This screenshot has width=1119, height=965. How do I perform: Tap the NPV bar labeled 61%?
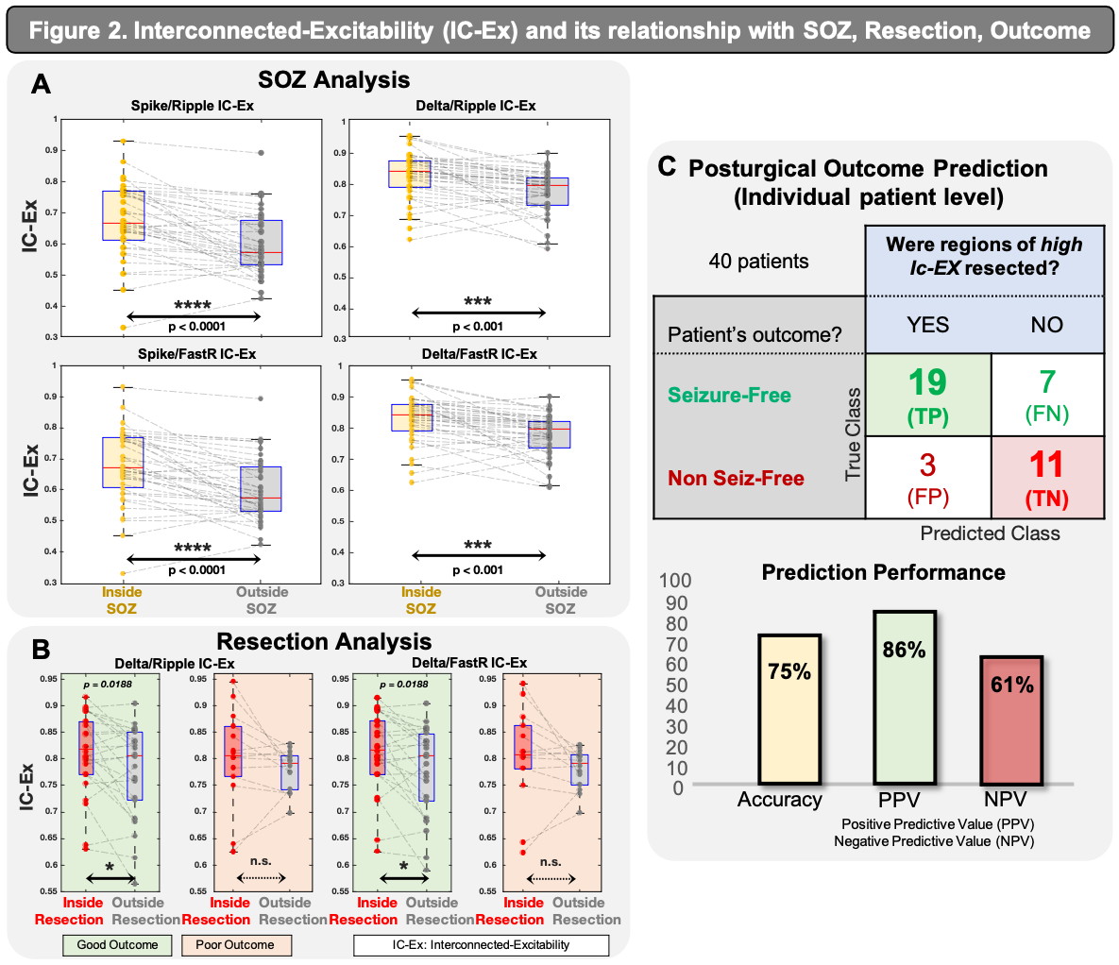click(x=1011, y=720)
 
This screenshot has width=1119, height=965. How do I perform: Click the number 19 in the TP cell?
click(x=927, y=382)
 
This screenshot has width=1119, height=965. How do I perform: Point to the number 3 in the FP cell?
click(x=927, y=465)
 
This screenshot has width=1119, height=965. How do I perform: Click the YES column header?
click(x=927, y=325)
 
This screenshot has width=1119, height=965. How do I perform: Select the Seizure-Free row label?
click(x=729, y=396)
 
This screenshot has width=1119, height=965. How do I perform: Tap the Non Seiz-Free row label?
click(x=736, y=478)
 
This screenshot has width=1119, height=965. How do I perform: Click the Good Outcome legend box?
click(x=118, y=944)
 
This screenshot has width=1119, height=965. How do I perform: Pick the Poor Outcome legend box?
click(x=235, y=944)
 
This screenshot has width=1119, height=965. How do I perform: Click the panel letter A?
click(x=41, y=84)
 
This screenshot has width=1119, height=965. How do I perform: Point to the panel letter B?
click(x=41, y=650)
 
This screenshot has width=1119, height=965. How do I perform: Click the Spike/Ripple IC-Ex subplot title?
click(x=192, y=106)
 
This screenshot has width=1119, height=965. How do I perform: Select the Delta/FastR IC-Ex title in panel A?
click(x=475, y=353)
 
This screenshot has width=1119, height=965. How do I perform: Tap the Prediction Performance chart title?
click(x=883, y=572)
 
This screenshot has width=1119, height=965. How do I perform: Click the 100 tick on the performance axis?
click(x=674, y=581)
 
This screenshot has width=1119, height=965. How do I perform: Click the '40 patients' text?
click(x=758, y=262)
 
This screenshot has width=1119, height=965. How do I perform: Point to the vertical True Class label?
click(x=854, y=434)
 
